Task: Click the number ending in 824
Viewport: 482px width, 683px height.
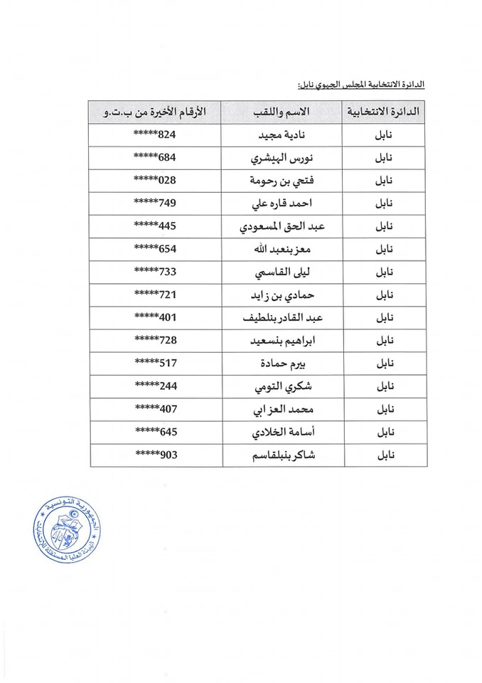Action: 155,135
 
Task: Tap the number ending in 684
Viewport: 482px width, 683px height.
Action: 155,158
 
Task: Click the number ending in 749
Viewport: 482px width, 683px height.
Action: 155,203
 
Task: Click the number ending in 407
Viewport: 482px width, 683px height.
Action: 155,409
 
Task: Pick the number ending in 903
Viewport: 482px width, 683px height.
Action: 155,455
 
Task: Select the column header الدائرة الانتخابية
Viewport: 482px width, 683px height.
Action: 384,112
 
